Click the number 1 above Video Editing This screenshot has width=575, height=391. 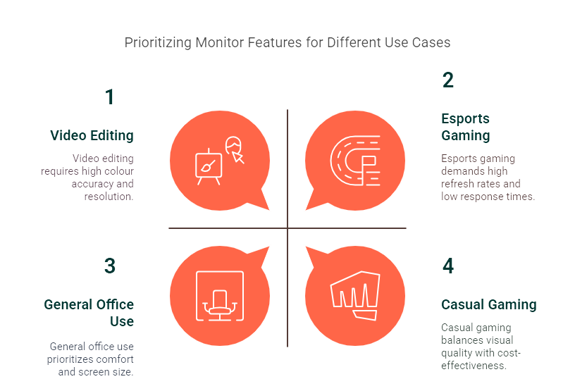click(x=109, y=97)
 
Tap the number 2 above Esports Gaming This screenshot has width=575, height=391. click(x=448, y=80)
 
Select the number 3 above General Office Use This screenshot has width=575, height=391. click(x=109, y=266)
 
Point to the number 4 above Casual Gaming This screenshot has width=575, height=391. click(x=448, y=266)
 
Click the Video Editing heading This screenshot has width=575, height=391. click(x=92, y=135)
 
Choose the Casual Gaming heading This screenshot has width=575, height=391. click(x=488, y=304)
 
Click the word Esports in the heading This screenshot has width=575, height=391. click(x=465, y=118)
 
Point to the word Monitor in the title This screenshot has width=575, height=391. click(x=225, y=42)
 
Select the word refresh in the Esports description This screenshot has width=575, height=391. click(x=460, y=184)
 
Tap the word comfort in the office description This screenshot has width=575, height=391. click(x=116, y=359)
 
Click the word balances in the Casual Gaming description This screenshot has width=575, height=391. click(x=461, y=340)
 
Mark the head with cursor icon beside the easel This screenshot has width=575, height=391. click(x=235, y=149)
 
